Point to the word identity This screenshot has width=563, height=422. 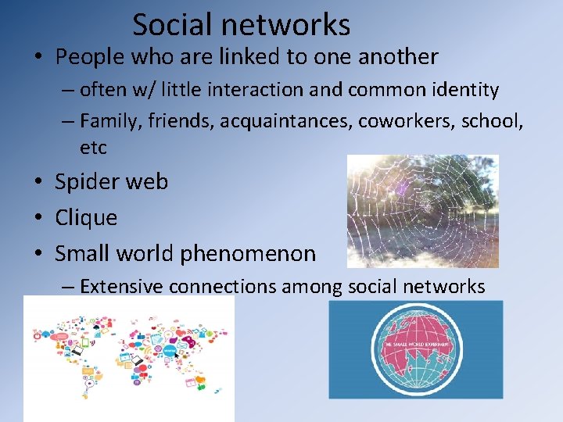click(x=466, y=90)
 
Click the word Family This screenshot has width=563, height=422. click(x=106, y=121)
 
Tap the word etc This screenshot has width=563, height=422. click(x=92, y=147)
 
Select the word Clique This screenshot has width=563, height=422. click(x=86, y=217)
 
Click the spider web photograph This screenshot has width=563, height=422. click(x=422, y=211)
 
